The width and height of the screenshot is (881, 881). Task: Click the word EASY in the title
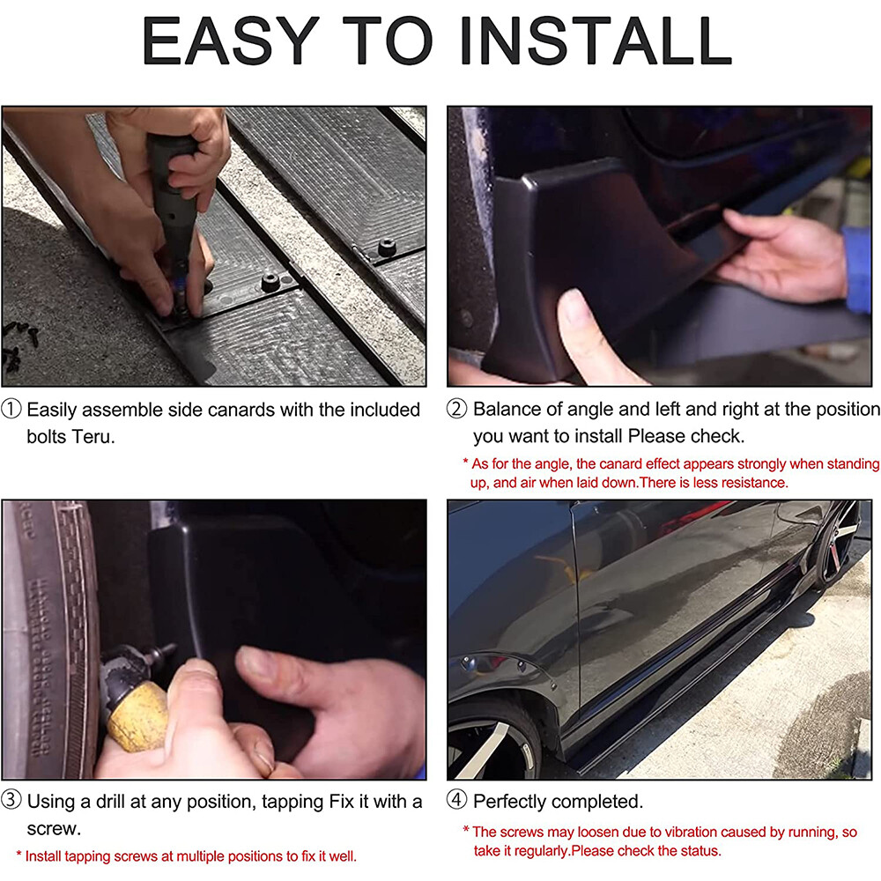coord(230,41)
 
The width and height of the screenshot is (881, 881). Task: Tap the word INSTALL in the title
coord(596,41)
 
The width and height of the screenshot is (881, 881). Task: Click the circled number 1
coord(11,409)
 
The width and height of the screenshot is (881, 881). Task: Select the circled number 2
coord(456,409)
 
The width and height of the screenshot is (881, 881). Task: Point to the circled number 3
coord(11,800)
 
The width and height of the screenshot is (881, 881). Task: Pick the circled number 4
coord(456,800)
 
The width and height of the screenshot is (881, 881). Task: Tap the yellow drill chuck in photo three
coord(137,717)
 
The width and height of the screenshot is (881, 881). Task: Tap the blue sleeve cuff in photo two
coord(857,270)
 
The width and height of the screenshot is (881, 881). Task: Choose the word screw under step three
coord(54,829)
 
